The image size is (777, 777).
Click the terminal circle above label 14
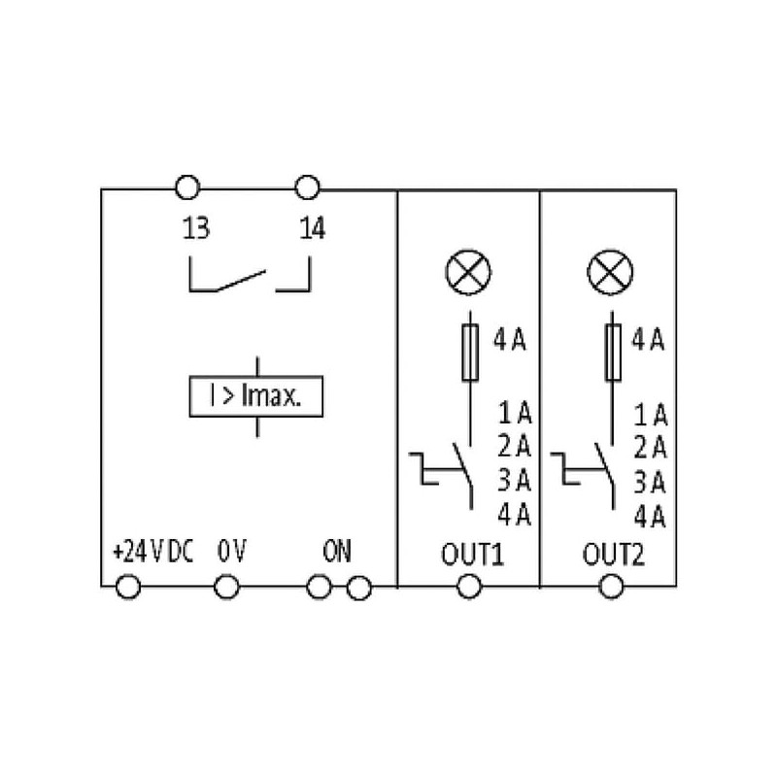(x=307, y=186)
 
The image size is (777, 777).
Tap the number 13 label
(x=195, y=230)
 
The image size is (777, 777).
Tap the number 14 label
(x=312, y=230)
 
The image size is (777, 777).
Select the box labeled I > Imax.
(x=254, y=396)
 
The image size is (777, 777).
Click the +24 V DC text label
(x=153, y=553)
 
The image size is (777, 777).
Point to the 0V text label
(x=232, y=553)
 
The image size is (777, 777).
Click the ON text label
(x=337, y=553)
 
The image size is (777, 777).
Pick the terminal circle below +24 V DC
(x=128, y=587)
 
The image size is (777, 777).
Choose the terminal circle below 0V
(x=226, y=587)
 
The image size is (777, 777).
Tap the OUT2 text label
(x=613, y=557)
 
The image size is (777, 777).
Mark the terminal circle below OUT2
(x=612, y=587)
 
